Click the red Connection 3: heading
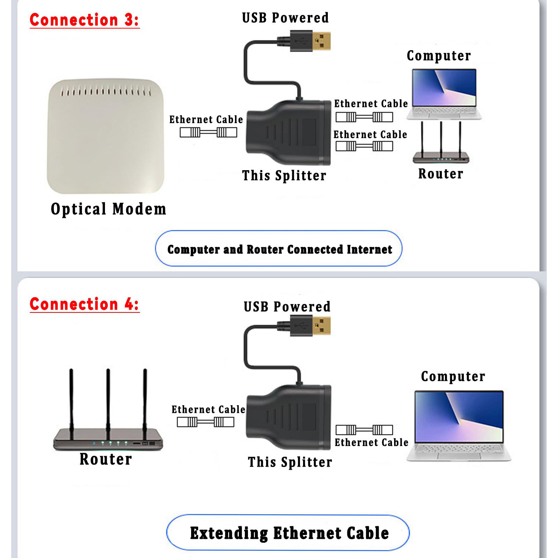(84, 20)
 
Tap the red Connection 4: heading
(84, 304)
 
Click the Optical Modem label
(108, 209)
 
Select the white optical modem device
(105, 136)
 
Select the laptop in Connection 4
(459, 425)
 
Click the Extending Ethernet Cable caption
(289, 533)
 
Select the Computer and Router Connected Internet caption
(279, 249)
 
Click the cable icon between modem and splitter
(208, 133)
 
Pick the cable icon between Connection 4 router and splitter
(205, 422)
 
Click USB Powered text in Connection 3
(285, 18)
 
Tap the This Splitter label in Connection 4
(290, 462)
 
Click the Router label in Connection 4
(106, 459)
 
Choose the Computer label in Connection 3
(439, 56)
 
